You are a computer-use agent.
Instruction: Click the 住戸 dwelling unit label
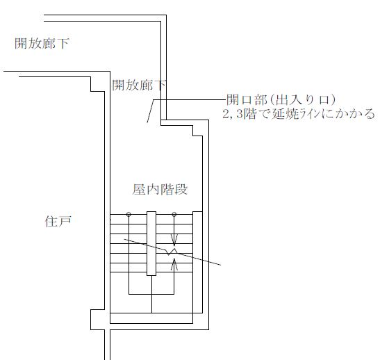58,221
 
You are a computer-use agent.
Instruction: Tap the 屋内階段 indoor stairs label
160,189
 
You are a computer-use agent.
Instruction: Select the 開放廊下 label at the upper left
42,43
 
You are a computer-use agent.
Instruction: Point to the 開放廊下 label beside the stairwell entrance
139,85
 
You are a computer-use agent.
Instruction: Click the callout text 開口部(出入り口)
281,99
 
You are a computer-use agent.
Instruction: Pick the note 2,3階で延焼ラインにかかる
299,114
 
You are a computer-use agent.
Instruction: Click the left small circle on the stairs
129,214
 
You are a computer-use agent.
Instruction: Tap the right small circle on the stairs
174,214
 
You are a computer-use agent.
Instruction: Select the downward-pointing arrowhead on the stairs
174,240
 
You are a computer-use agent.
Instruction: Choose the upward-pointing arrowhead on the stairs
174,264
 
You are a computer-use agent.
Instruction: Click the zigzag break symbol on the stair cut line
172,252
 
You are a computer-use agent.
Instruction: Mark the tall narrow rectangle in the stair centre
151,243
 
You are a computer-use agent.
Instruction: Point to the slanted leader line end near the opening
147,122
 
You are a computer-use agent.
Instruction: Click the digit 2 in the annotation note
226,114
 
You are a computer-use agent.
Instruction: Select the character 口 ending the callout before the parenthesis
324,99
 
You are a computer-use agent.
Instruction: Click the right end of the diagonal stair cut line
220,265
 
